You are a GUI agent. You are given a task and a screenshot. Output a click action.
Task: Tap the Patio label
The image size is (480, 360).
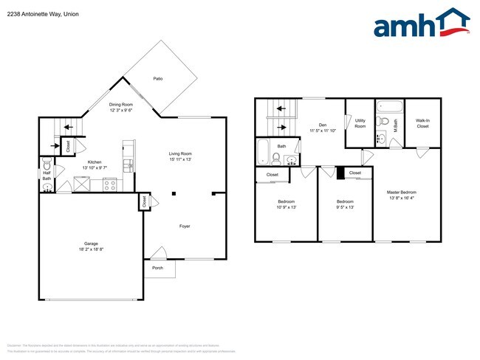pos(158,78)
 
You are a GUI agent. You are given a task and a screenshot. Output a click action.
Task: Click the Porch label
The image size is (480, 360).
pos(157,268)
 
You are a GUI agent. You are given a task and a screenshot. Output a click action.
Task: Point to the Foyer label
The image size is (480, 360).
pos(185,226)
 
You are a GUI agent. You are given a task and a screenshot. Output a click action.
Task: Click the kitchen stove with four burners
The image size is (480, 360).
pos(110,187)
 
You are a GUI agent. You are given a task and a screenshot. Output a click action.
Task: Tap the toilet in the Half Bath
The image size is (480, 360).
pos(47,166)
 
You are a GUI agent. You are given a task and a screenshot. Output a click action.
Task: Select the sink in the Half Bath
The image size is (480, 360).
pos(48,187)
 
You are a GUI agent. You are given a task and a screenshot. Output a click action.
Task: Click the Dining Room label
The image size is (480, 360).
pos(121,105)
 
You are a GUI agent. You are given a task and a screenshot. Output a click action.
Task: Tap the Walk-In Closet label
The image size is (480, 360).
pos(422,124)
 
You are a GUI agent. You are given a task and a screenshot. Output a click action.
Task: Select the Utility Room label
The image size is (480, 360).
pos(360,124)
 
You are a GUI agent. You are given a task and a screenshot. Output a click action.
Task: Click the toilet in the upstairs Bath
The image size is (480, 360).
pos(275,159)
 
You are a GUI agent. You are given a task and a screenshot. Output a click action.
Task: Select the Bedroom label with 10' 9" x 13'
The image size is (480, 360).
pos(287,201)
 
